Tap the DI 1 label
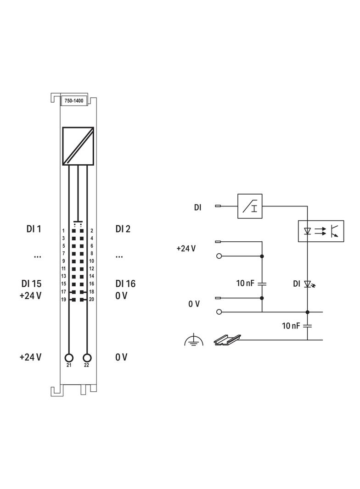34,228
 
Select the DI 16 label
125,283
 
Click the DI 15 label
31,283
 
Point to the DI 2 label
123,228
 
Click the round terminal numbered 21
69,358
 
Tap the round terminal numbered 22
87,358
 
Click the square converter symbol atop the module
78,146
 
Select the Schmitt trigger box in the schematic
249,206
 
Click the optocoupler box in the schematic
321,231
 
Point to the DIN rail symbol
226,339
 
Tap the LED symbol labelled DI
308,284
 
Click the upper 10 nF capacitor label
245,283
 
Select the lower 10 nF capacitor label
291,326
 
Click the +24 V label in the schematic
186,248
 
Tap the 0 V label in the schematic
194,304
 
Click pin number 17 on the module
64,291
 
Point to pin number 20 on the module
92,299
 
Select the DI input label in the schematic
197,207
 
